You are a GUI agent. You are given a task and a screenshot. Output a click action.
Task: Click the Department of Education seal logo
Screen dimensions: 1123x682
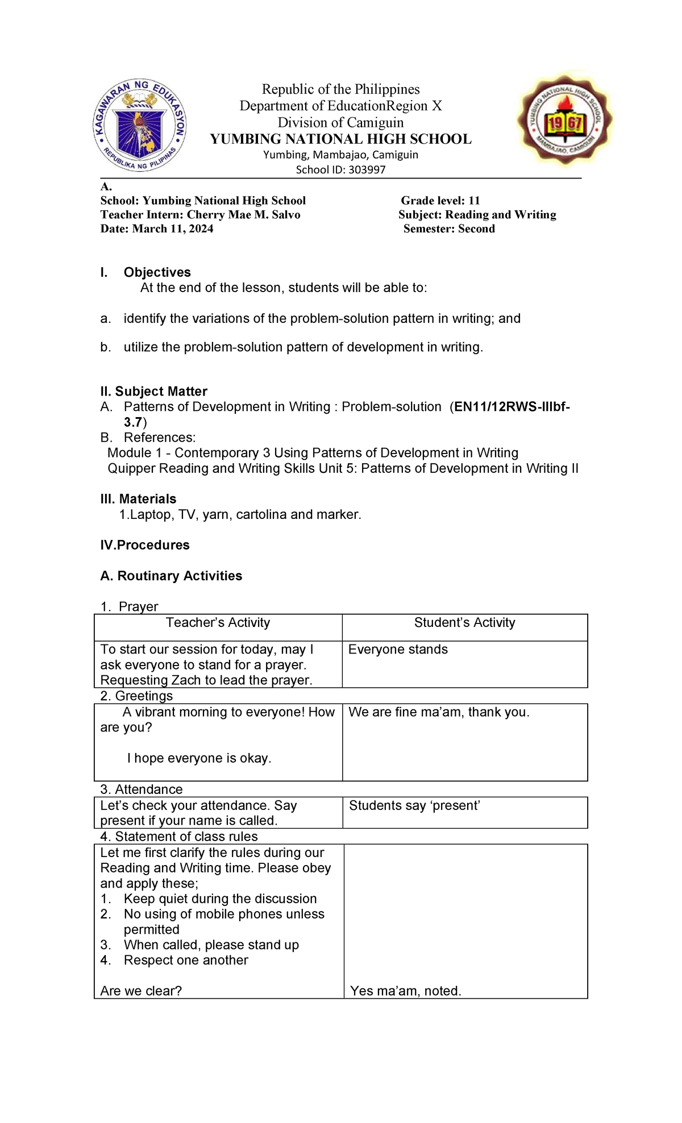coord(139,126)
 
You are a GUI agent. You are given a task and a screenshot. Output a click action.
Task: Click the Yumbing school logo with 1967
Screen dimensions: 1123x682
coord(564,120)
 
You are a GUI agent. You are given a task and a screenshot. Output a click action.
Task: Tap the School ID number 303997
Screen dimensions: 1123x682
coord(364,170)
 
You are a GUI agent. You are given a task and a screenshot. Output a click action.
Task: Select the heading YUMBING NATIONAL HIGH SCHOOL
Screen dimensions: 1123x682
coord(340,139)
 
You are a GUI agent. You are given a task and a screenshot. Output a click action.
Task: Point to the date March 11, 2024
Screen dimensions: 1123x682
coord(173,229)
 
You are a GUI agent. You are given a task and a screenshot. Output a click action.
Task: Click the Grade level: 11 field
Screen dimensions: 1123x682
coord(440,201)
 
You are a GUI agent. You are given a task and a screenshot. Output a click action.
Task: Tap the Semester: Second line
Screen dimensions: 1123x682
coord(449,229)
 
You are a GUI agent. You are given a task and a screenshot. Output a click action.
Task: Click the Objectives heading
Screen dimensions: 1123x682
coord(157,272)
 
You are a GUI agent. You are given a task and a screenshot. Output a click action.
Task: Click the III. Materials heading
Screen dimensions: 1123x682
coord(138,499)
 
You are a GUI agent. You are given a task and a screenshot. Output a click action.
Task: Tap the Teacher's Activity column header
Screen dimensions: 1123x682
coord(218,623)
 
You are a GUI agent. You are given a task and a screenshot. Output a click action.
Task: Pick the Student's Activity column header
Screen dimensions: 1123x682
coord(464,623)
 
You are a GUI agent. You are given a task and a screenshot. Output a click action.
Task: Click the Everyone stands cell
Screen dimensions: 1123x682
coord(398,650)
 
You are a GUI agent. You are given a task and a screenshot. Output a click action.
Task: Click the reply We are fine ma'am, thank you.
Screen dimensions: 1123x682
coord(439,712)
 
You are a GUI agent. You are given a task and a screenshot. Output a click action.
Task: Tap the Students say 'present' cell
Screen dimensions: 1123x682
coord(414,805)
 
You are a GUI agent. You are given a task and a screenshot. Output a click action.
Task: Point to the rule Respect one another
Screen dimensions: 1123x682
coord(186,960)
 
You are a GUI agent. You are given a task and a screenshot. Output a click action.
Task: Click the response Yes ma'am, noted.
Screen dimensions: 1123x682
coord(406,991)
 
